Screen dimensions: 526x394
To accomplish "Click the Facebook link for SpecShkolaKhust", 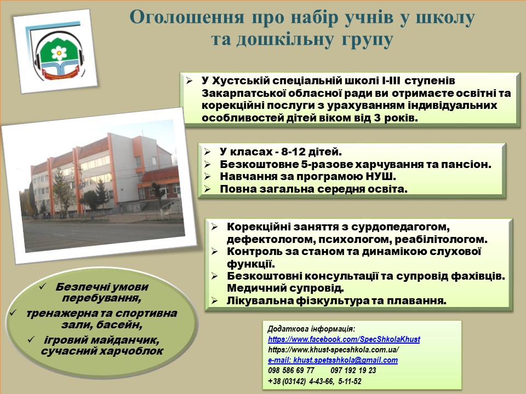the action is pos(344,339).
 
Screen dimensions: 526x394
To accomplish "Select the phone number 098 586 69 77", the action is pos(291,370).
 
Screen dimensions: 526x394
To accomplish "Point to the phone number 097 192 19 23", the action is pos(353,370).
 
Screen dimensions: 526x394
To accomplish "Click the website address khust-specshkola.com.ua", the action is pos(334,350).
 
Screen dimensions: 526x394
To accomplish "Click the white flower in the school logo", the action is pos(59,53).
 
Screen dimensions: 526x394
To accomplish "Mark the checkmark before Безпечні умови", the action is pos(43,287).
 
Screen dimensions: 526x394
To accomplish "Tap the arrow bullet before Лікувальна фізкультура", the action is pos(215,300).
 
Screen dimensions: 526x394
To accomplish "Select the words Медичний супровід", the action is pos(285,288).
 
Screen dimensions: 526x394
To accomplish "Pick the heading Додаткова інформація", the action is pos(311,329).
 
